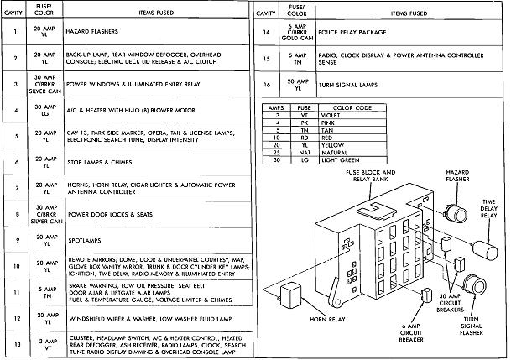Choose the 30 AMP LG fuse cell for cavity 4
pyautogui.click(x=44, y=110)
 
